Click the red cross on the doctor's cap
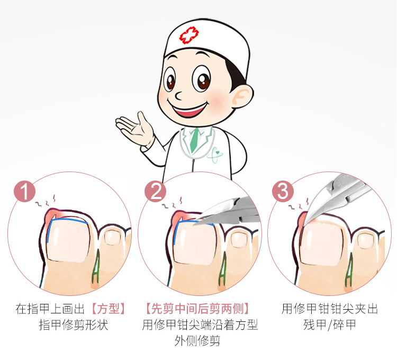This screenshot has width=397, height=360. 189,35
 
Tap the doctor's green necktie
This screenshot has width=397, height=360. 195,140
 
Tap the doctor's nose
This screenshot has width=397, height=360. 178,95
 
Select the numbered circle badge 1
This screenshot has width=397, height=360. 24,191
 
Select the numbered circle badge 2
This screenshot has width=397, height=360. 155,191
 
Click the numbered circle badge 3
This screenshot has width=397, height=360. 283,191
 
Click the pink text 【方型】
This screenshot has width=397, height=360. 109,309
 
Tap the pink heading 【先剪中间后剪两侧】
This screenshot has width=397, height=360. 198,309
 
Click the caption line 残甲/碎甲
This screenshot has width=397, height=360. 330,325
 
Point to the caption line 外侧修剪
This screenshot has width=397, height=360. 197,340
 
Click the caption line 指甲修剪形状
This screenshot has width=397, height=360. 74,325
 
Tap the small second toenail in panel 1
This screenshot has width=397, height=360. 112,237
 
